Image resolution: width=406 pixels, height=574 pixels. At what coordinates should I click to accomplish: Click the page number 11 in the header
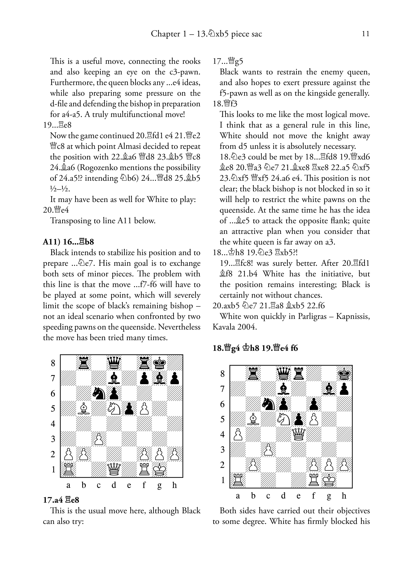tap(366, 34)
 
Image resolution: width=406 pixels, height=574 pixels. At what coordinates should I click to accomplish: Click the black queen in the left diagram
tap(114, 363)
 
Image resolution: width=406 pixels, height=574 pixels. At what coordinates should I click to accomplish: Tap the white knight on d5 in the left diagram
tap(114, 408)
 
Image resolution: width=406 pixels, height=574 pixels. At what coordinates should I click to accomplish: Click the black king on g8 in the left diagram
tap(159, 363)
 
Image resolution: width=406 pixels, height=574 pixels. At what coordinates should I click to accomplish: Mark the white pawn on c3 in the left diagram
tap(99, 439)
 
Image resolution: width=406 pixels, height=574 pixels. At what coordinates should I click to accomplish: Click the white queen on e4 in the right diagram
tap(298, 434)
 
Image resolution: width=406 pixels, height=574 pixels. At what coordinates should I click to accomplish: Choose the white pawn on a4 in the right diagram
tap(237, 434)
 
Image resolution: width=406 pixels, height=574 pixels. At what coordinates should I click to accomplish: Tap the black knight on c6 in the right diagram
tap(268, 404)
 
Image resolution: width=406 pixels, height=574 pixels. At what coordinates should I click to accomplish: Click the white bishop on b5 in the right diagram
tap(253, 419)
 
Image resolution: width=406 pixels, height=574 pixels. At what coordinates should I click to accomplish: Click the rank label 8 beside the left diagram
tap(53, 363)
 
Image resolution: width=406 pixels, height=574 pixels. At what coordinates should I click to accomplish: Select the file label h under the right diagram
tap(344, 496)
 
